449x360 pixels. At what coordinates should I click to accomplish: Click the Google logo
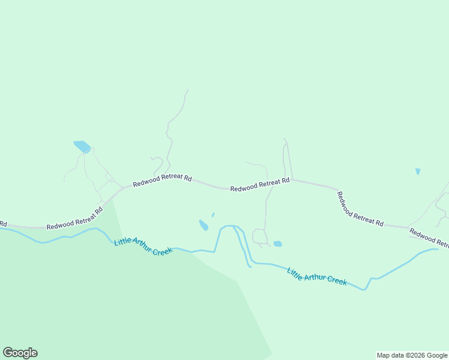click(20, 353)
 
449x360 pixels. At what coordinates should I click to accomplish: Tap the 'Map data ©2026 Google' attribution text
click(412, 355)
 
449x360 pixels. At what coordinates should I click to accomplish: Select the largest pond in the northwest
click(82, 146)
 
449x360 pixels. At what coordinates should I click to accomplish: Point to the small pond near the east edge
click(418, 172)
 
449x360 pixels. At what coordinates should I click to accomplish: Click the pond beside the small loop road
click(277, 244)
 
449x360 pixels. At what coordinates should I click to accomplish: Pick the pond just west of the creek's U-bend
click(203, 225)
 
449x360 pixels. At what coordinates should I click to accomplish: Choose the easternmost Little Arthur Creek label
click(317, 276)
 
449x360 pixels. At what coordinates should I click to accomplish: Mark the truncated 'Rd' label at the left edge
click(3, 223)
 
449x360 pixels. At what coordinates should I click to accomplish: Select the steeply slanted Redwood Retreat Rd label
click(360, 209)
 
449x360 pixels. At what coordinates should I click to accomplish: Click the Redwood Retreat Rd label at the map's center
click(260, 184)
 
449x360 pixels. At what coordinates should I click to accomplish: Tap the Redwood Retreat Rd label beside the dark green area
click(75, 218)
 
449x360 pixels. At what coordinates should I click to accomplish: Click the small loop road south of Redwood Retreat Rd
click(260, 236)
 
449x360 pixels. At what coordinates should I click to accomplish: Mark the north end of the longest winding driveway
click(187, 91)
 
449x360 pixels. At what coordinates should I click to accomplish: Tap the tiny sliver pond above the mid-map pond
click(213, 214)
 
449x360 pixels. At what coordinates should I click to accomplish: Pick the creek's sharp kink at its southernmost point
click(364, 289)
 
